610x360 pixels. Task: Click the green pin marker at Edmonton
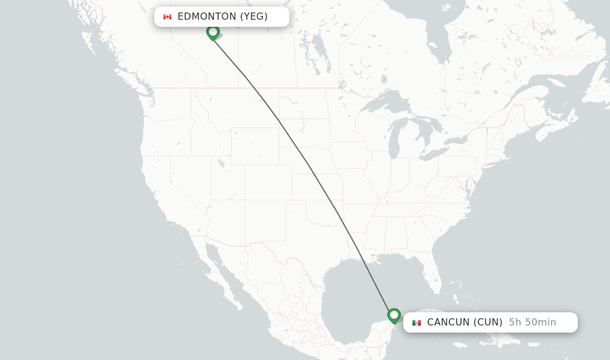coord(213,32)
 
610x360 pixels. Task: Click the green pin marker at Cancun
coord(394,315)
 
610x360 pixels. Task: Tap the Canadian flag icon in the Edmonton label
coord(167,17)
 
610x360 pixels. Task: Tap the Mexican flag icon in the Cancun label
coord(416,322)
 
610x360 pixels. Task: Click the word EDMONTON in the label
coord(207,17)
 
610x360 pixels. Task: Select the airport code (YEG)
coord(254,17)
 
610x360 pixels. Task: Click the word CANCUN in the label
coord(449,322)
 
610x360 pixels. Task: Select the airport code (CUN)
coord(488,322)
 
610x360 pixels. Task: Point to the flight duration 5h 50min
coord(532,322)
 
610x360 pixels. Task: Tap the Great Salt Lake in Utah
coord(221,162)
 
